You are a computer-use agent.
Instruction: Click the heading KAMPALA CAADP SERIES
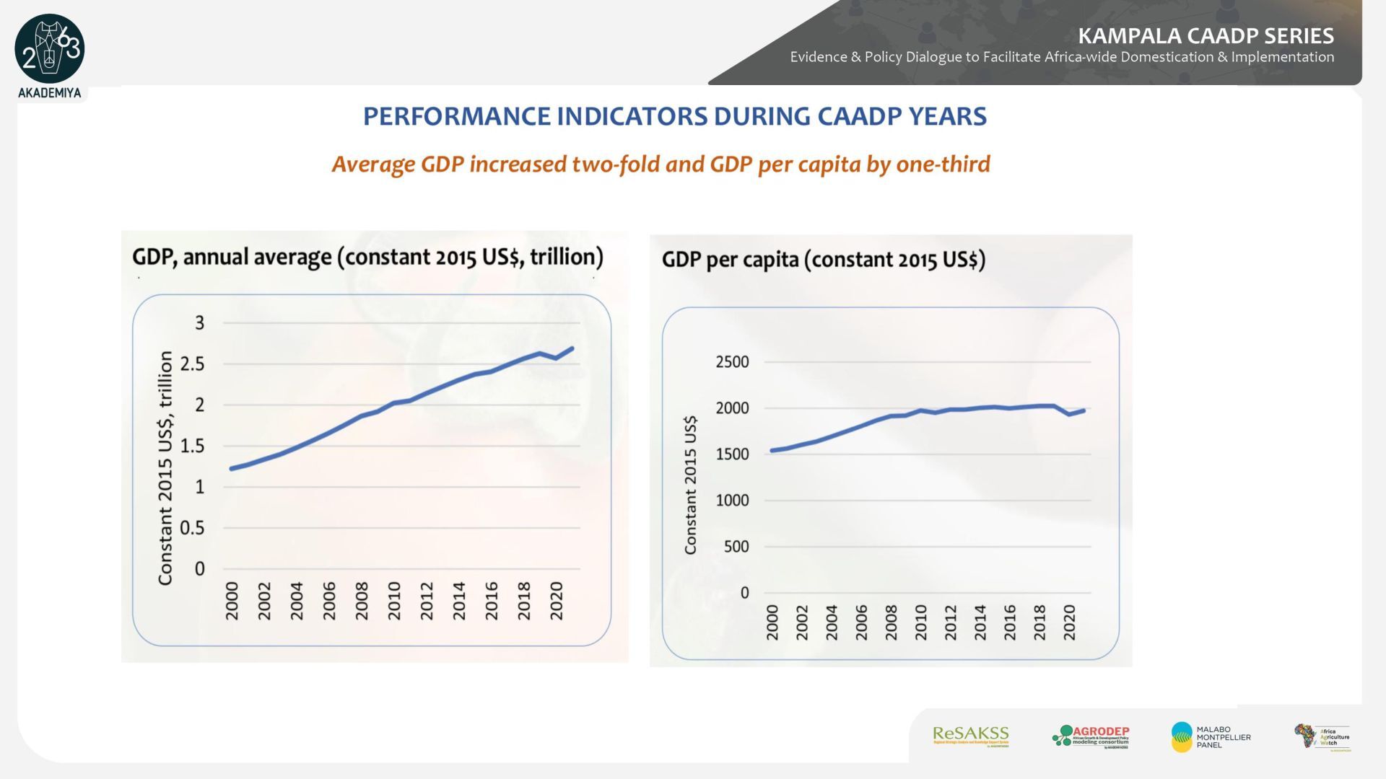(x=1206, y=35)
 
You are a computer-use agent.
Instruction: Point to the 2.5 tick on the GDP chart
(x=193, y=364)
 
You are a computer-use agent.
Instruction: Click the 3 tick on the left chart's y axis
(x=200, y=323)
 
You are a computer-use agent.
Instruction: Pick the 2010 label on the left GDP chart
(x=394, y=601)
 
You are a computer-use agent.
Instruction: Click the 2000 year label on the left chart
(x=232, y=601)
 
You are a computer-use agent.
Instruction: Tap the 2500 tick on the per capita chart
(x=732, y=362)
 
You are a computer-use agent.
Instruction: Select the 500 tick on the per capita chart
(x=736, y=547)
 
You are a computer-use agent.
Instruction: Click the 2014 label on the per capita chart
(x=980, y=622)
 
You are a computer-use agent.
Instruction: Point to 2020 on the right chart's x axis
(x=1069, y=622)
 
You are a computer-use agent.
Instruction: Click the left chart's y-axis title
(x=165, y=468)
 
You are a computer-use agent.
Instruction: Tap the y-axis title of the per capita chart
(x=690, y=485)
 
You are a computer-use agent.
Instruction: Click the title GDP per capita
(x=823, y=260)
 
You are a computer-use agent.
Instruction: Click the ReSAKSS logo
(x=970, y=736)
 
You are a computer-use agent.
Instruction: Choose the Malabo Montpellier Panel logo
(x=1211, y=736)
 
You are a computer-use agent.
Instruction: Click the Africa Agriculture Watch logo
(x=1322, y=737)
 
